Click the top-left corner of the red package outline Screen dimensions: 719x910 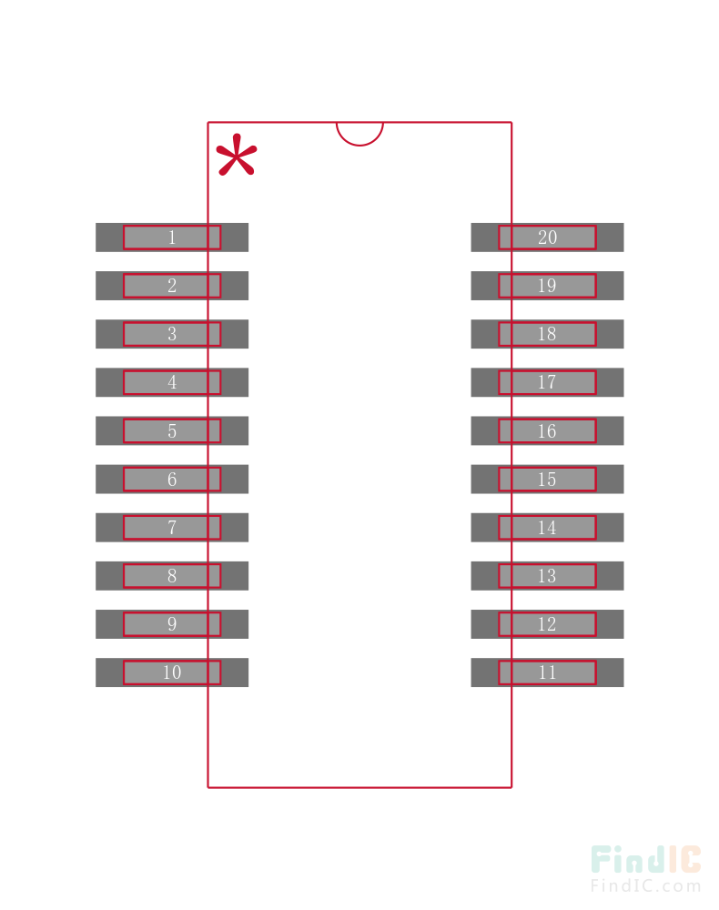(x=208, y=123)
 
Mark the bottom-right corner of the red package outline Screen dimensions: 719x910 (x=511, y=787)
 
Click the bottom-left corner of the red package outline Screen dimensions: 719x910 (x=208, y=787)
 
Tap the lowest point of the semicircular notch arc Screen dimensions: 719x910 (x=359, y=145)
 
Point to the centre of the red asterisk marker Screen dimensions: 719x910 (x=237, y=155)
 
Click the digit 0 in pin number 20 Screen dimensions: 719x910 (x=552, y=238)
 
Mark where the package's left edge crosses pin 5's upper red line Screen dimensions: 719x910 (x=208, y=419)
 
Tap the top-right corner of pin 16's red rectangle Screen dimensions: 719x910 (x=596, y=419)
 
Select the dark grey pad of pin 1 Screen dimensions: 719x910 (x=172, y=238)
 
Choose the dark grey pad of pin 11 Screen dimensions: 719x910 (x=547, y=672)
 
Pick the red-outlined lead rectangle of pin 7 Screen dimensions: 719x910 (x=172, y=528)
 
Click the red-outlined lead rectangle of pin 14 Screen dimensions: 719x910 (x=547, y=528)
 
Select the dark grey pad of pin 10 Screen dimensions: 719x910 (x=172, y=672)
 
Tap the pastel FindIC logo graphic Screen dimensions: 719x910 (x=646, y=860)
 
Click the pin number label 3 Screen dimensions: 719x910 (x=172, y=334)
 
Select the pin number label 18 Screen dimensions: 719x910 (x=547, y=334)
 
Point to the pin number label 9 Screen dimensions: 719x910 (x=172, y=624)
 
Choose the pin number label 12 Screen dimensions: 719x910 (x=547, y=624)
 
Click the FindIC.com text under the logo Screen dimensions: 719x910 (x=646, y=886)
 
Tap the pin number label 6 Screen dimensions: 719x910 (x=172, y=480)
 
